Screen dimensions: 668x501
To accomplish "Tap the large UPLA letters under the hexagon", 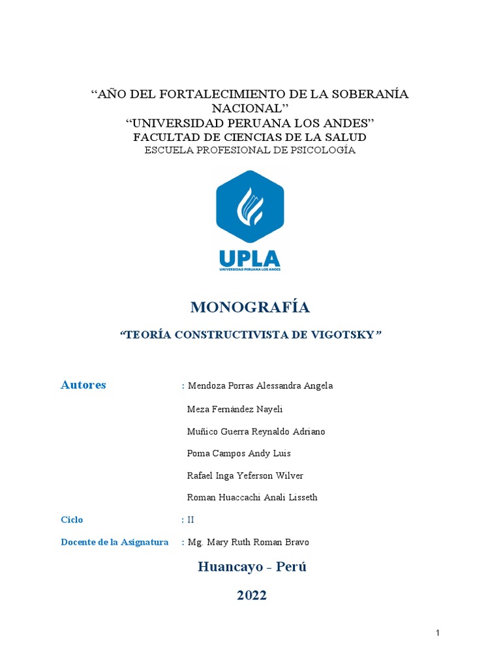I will pos(250,257).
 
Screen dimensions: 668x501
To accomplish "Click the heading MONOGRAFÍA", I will pos(250,307).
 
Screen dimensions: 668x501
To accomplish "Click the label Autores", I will pos(83,385).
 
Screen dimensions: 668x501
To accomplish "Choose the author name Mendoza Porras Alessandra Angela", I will pos(260,386).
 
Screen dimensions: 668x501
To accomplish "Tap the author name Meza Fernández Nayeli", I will pos(235,409).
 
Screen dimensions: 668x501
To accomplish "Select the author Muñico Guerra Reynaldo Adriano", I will pos(256,431).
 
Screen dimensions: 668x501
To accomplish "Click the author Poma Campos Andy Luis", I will pos(239,453).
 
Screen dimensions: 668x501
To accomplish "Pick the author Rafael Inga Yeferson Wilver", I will pos(245,476).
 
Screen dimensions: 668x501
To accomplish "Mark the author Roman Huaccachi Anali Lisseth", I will pos(252,498).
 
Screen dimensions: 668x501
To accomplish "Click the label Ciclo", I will pos(72,520).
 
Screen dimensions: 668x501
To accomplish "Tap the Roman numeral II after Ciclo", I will pos(190,520).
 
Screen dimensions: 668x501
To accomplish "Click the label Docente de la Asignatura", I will pos(114,542).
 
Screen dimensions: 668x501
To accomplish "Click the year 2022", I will pos(252,595).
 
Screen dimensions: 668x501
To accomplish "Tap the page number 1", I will pos(438,633).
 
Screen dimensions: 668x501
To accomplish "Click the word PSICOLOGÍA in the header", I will pos(324,150).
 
